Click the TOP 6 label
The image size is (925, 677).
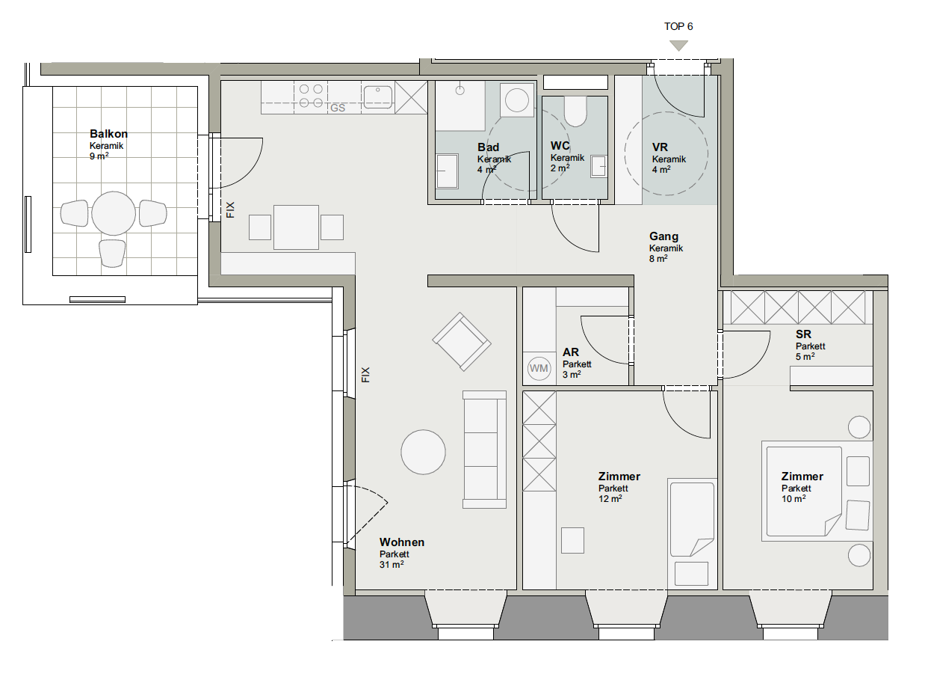(x=678, y=26)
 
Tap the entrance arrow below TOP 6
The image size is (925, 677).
(x=678, y=46)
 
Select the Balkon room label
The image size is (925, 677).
(x=108, y=134)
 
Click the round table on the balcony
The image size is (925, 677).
(x=114, y=213)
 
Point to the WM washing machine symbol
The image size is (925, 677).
(x=539, y=368)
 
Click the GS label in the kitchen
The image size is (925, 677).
(x=338, y=108)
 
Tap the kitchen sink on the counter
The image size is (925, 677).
(x=377, y=97)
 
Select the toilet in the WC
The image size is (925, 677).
(x=575, y=111)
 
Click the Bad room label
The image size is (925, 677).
(x=489, y=147)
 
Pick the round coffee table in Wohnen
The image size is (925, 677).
(x=423, y=452)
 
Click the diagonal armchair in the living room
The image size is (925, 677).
(x=462, y=342)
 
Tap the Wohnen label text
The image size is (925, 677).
(x=402, y=542)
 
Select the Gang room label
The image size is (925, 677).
(x=663, y=236)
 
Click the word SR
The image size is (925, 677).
(x=803, y=334)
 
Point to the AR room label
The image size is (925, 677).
(x=570, y=352)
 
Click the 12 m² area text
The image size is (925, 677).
(x=610, y=499)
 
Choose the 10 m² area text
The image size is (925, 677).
(x=793, y=499)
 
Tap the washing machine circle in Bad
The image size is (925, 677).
(x=517, y=100)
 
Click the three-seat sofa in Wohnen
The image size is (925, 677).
(x=484, y=450)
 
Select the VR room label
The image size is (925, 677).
(x=660, y=147)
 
